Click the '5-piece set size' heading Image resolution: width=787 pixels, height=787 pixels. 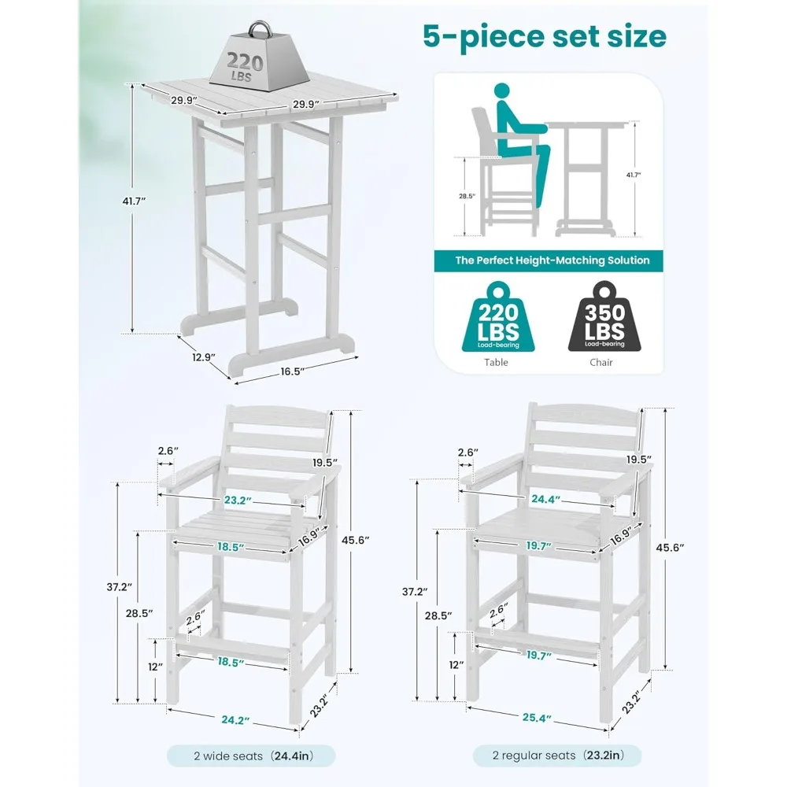(x=545, y=36)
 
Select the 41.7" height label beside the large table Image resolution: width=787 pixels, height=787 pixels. (x=134, y=201)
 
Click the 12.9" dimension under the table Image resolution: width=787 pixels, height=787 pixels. (x=204, y=357)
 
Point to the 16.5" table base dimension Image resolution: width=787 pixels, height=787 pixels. (x=293, y=371)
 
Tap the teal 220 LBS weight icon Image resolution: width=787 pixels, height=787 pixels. (x=498, y=316)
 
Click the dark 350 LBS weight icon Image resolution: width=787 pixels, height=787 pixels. (x=604, y=316)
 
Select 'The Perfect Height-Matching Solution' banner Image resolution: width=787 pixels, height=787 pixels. (x=549, y=260)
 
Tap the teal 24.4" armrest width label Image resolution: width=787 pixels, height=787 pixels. (x=545, y=499)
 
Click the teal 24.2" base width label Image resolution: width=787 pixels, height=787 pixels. (x=235, y=720)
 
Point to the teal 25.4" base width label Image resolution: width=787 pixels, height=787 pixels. (x=537, y=718)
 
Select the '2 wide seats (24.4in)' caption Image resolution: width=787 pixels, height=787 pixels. (x=251, y=756)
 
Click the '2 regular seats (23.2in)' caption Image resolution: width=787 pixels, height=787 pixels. (x=557, y=756)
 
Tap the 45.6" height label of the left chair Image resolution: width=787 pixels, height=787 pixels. (x=356, y=540)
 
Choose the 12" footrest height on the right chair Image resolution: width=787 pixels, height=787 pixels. (x=456, y=665)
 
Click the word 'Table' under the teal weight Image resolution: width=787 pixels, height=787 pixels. (x=496, y=362)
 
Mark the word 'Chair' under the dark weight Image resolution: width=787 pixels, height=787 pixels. (x=600, y=362)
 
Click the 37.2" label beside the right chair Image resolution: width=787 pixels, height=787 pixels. (x=415, y=592)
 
